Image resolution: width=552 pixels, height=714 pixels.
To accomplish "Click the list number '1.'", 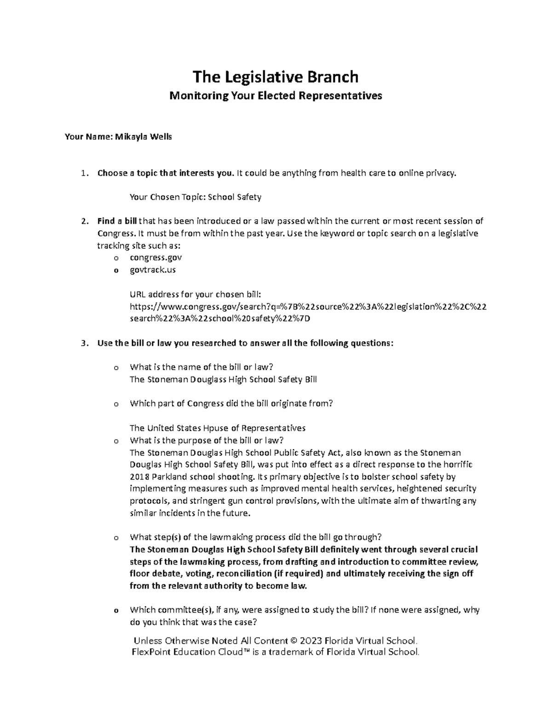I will (83, 173).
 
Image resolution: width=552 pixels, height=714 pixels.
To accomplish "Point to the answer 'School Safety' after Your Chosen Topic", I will (235, 197).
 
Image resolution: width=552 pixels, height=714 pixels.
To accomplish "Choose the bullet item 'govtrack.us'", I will (153, 270).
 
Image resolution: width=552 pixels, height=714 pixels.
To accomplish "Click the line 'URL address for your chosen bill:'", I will (195, 294).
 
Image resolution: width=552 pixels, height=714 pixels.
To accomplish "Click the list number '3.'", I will (83, 343).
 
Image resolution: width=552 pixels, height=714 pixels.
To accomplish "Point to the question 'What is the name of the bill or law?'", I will (202, 367).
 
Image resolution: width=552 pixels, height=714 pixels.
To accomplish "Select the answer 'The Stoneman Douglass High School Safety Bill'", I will (223, 379).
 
